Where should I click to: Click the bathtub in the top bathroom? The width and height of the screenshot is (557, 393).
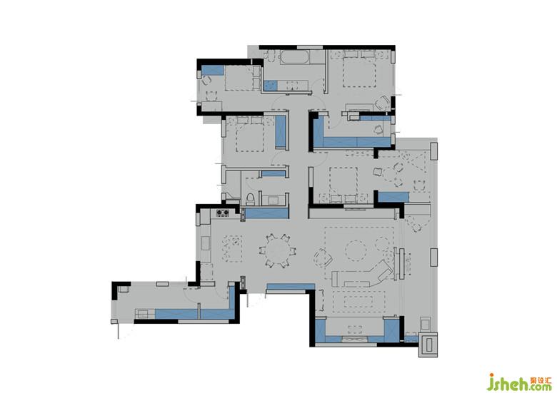click(293, 58)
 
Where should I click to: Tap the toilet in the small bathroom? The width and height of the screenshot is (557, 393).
click(250, 199)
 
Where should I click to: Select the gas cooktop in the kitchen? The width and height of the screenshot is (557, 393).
click(223, 213)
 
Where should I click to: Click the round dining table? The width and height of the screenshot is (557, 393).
click(278, 251)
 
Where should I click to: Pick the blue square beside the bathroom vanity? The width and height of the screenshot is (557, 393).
click(271, 85)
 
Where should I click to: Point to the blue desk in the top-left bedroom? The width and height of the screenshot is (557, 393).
click(212, 70)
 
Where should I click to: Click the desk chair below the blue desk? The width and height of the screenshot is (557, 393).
click(206, 81)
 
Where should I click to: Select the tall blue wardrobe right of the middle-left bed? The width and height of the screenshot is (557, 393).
click(281, 132)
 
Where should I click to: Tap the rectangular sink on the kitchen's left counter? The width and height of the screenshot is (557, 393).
click(206, 243)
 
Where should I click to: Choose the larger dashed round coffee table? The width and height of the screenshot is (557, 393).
click(356, 251)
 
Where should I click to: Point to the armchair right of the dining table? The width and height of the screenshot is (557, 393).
click(322, 257)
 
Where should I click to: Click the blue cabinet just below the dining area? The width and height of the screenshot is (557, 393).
click(290, 286)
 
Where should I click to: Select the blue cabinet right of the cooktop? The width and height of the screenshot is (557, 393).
click(266, 213)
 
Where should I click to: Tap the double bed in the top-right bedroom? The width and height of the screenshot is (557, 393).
click(359, 70)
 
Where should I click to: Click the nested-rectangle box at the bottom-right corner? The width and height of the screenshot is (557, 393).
click(428, 344)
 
